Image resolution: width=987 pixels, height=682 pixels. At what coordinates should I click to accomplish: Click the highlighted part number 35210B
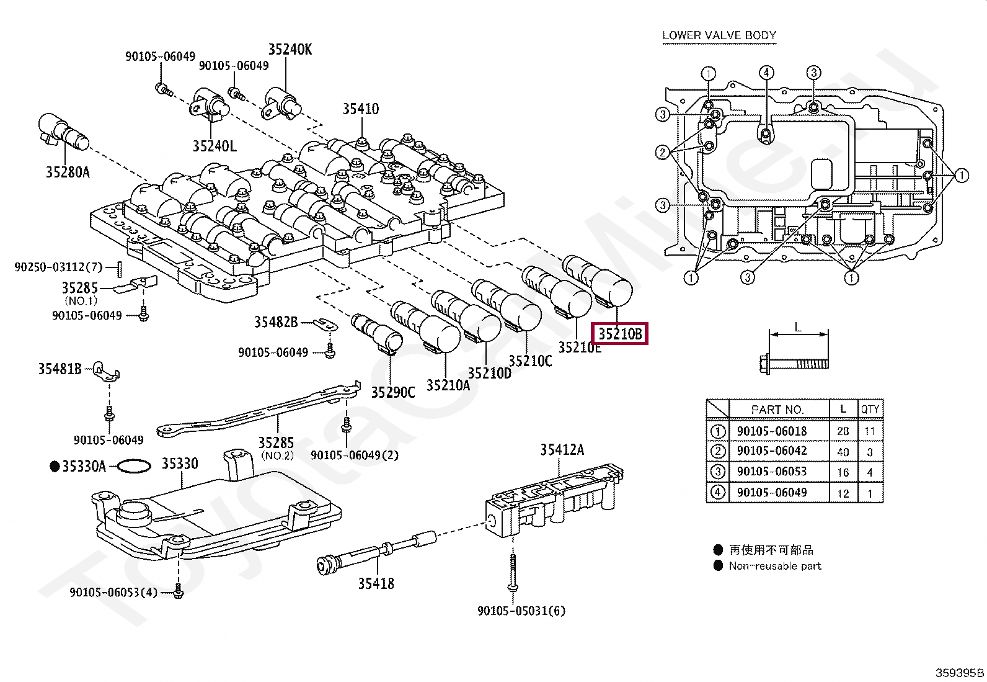tap(620, 334)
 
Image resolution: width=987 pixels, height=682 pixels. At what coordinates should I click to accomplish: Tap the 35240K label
tap(290, 50)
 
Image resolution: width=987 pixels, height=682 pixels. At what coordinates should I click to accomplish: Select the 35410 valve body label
tap(360, 109)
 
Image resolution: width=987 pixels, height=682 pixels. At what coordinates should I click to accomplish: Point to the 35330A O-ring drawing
tap(133, 466)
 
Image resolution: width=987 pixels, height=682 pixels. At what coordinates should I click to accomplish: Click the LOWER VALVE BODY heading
tap(719, 35)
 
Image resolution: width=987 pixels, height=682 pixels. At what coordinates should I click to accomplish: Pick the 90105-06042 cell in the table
tap(771, 451)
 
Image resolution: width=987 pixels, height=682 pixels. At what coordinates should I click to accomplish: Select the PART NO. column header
tap(777, 410)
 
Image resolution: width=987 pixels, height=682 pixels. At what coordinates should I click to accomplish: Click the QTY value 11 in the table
tap(869, 431)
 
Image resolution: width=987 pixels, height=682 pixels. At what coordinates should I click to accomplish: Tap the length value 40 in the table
tap(843, 452)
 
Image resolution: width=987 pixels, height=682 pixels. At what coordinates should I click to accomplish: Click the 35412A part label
tap(562, 450)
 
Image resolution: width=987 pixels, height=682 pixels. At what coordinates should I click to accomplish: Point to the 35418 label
tap(376, 583)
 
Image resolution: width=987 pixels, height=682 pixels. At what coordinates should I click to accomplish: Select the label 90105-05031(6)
tap(521, 611)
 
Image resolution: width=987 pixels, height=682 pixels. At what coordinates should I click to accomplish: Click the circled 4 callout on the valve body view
tap(766, 73)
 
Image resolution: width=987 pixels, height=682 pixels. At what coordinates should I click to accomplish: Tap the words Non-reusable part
tap(774, 566)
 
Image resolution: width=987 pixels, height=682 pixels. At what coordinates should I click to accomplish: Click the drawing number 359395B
tap(959, 673)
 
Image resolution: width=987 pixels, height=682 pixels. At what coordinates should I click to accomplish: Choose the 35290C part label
tap(393, 392)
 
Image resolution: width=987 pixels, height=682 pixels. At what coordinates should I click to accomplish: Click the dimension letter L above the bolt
tap(798, 327)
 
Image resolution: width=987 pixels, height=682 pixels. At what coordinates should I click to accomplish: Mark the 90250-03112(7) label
tap(58, 267)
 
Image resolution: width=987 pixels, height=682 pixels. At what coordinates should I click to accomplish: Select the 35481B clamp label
tap(60, 369)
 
